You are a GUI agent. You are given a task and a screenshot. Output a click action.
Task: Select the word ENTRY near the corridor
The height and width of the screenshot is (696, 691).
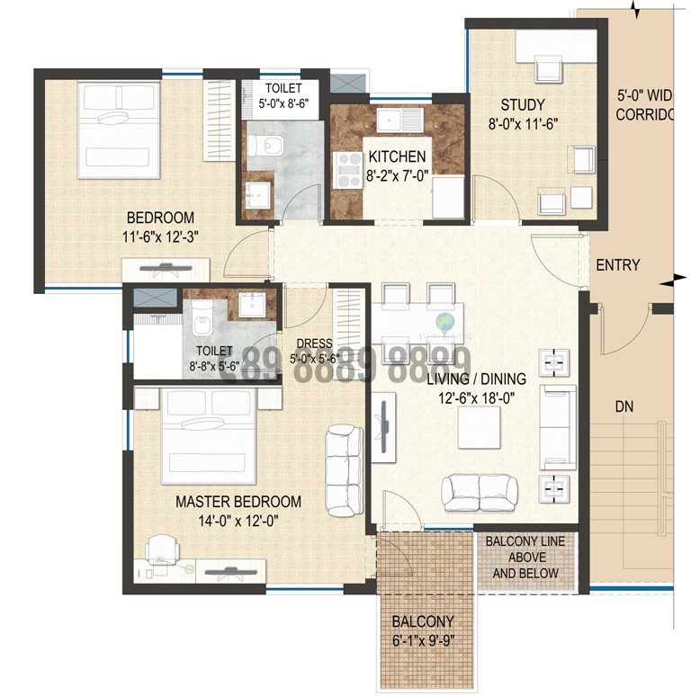coord(618,264)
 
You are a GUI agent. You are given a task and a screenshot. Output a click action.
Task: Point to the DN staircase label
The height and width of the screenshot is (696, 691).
coord(624,406)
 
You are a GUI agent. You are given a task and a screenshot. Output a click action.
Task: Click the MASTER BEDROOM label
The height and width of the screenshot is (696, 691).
coord(238,502)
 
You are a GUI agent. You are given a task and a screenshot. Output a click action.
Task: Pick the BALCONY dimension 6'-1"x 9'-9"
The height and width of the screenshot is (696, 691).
coord(422,641)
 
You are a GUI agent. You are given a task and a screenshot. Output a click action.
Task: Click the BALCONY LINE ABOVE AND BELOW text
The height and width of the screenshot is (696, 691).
coord(525,558)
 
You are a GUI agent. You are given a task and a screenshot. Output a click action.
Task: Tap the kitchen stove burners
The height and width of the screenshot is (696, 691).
coord(347,169)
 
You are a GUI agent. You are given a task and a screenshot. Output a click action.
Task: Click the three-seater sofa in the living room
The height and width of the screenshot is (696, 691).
coord(557,426)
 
